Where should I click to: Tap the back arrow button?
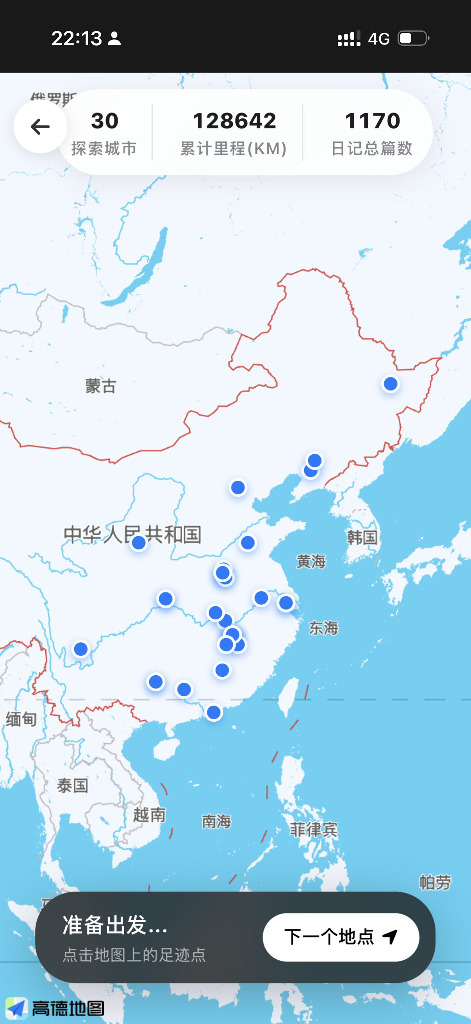click(x=40, y=127)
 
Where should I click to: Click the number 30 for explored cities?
click(x=105, y=121)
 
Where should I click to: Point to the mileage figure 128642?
click(x=234, y=121)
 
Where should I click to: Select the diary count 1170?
click(x=373, y=121)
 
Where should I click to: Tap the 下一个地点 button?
click(x=341, y=937)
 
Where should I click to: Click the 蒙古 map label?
click(x=101, y=386)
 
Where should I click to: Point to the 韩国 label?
click(x=362, y=537)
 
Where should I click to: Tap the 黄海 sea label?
click(x=311, y=561)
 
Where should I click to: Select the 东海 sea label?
click(x=323, y=628)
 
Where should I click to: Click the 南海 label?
click(x=216, y=821)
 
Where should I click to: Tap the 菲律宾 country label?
click(x=314, y=830)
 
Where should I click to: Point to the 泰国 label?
click(x=72, y=785)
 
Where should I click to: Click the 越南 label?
click(x=150, y=815)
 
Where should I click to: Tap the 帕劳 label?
click(x=435, y=882)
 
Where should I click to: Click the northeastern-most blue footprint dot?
click(x=390, y=384)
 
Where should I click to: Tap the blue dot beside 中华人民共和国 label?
click(x=139, y=542)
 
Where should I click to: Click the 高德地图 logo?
click(x=55, y=1008)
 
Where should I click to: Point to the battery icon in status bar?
click(x=413, y=39)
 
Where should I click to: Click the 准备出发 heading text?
click(x=115, y=925)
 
